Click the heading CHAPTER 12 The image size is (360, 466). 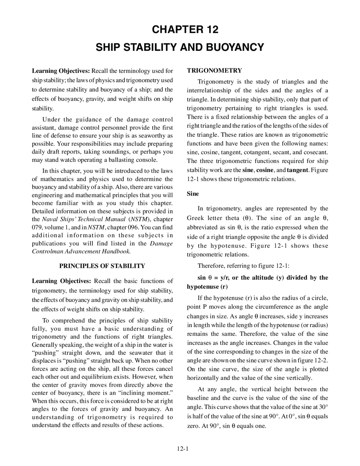(x=185, y=30)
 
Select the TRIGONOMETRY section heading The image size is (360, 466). (x=214, y=70)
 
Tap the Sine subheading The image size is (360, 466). (x=193, y=194)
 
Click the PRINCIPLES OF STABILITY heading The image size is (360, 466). (x=102, y=266)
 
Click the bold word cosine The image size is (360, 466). (x=265, y=170)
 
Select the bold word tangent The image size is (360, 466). (x=298, y=170)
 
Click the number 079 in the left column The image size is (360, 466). (x=37, y=227)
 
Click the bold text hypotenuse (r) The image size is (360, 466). (x=207, y=287)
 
